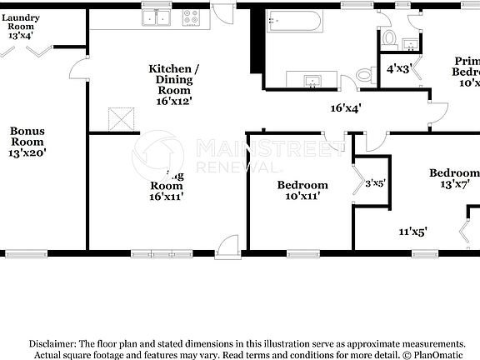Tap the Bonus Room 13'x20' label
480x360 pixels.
(27, 141)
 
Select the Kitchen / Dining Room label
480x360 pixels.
(173, 79)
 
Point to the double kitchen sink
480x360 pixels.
(157, 17)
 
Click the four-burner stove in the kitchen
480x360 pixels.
(192, 16)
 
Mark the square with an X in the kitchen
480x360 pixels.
(123, 119)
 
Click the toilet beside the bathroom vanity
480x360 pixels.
(365, 76)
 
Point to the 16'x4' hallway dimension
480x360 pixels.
(347, 107)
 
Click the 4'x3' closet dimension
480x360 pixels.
(399, 68)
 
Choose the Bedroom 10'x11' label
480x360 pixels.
(302, 190)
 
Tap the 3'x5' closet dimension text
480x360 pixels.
(376, 183)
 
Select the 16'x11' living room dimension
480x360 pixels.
(166, 197)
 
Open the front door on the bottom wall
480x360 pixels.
(226, 246)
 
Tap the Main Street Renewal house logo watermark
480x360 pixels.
(157, 156)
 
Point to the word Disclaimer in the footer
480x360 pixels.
(52, 343)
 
